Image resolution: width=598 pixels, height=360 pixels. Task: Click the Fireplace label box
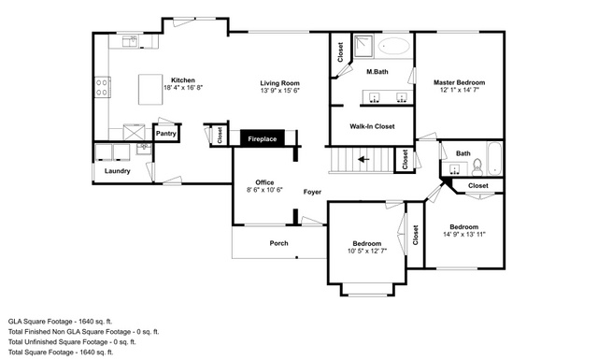[x=263, y=137]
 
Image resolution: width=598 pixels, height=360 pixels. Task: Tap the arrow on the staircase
[x=363, y=159]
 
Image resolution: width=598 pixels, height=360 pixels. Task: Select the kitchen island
[x=150, y=90]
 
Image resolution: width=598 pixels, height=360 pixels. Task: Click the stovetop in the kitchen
[x=102, y=87]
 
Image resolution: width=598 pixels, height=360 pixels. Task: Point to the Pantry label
[x=166, y=134]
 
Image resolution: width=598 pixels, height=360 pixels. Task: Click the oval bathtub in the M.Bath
[x=394, y=47]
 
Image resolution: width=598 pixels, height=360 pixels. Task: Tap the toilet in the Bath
[x=477, y=167]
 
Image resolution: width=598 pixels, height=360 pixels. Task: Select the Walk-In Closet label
[x=372, y=126]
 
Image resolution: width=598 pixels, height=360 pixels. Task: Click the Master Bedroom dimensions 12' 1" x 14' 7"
[x=459, y=90]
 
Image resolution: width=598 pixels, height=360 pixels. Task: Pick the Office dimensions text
[x=264, y=190]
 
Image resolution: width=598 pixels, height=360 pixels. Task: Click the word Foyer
[x=312, y=192]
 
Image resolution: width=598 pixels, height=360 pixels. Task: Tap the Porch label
[x=278, y=243]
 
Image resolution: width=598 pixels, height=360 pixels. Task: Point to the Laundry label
[x=118, y=171]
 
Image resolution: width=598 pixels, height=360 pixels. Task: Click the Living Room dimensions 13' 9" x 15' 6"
[x=280, y=91]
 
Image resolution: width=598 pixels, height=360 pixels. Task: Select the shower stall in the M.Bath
[x=363, y=46]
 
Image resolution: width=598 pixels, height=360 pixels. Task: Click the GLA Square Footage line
[x=60, y=322]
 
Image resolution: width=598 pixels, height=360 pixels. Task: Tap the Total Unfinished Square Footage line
[x=72, y=342]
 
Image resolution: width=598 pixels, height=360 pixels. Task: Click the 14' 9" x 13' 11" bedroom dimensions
[x=464, y=235]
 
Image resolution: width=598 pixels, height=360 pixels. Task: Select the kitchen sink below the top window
[x=130, y=41]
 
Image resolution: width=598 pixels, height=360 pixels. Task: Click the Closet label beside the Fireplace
[x=220, y=136]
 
